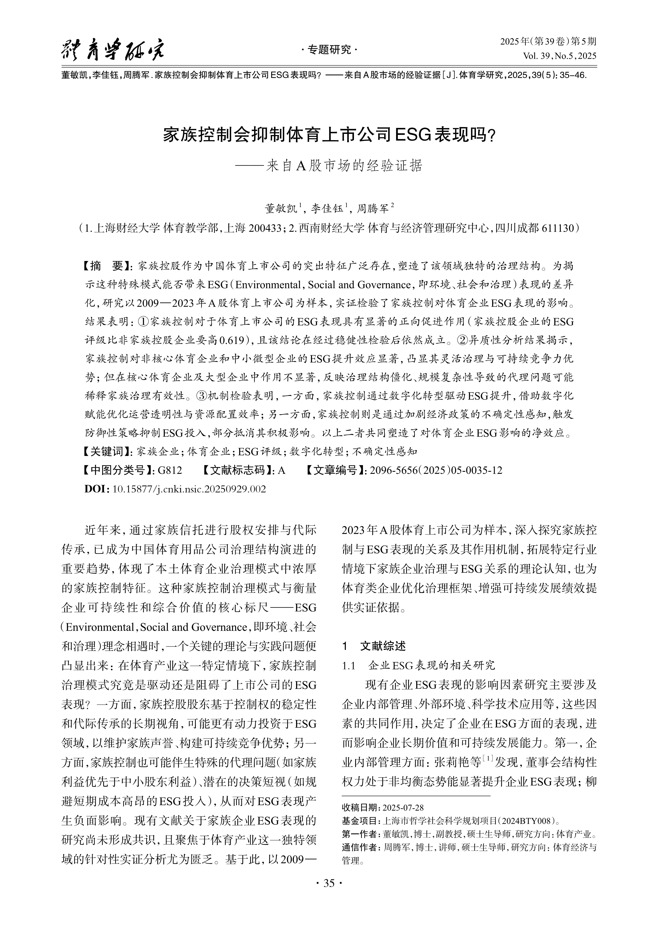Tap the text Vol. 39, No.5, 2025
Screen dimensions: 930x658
tap(560, 56)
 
